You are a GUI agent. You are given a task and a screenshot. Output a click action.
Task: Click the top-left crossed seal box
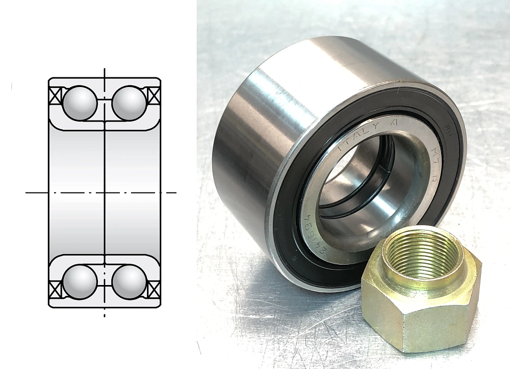tap(55, 96)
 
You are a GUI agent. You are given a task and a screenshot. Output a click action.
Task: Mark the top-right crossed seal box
tap(153, 96)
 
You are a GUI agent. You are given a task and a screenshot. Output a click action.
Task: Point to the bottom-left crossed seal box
tap(55, 289)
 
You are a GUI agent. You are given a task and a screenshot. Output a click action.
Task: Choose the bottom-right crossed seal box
tap(153, 289)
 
